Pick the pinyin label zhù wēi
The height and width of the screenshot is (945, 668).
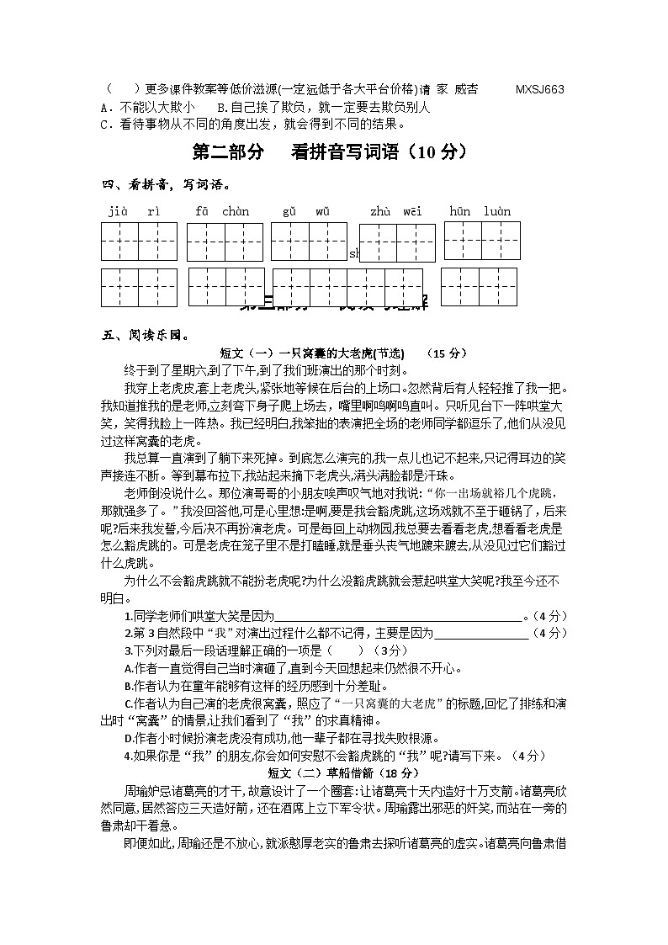point(395,211)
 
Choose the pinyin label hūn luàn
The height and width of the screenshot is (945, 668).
point(480,211)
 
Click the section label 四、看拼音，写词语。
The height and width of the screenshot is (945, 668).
point(166,183)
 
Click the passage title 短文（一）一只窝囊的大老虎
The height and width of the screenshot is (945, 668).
point(311,353)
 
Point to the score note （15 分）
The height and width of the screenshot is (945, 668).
point(447,353)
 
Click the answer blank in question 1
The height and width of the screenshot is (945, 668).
point(399,616)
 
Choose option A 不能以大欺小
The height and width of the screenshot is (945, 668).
point(147,107)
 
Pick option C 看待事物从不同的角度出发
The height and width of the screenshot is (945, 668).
point(252,124)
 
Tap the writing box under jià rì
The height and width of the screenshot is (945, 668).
point(139,242)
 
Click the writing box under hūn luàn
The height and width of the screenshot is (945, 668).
point(482,241)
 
